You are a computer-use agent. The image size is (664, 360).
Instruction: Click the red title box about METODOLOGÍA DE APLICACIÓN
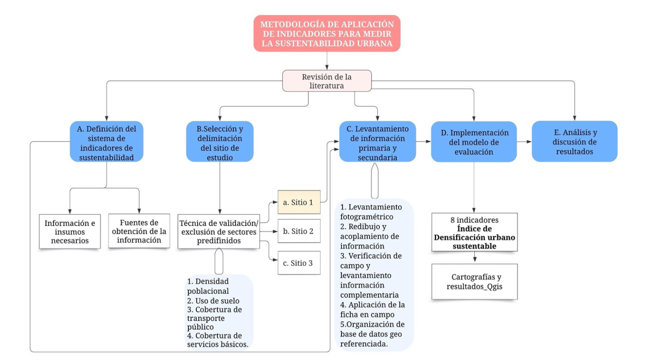tap(327, 34)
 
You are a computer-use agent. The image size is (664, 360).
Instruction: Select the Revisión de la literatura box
tap(327, 81)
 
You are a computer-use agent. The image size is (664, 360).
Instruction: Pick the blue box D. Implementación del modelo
tap(474, 142)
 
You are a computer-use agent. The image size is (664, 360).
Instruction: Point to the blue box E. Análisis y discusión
tap(574, 141)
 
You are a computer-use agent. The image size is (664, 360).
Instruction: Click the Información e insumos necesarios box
tap(70, 231)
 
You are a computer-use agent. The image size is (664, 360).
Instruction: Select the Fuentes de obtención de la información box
tap(139, 231)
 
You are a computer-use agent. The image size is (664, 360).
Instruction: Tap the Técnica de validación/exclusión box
tap(219, 231)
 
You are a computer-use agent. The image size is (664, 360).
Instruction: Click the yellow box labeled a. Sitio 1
tap(299, 202)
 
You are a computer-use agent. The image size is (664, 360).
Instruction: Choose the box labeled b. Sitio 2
tap(299, 231)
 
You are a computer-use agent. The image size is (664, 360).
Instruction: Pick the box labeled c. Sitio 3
tap(299, 263)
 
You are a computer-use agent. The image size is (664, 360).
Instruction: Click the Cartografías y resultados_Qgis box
tap(474, 282)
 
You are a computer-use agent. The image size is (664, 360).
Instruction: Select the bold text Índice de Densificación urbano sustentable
tap(474, 238)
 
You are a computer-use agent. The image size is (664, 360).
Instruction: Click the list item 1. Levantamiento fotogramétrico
tap(371, 212)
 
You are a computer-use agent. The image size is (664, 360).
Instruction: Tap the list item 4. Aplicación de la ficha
tap(372, 310)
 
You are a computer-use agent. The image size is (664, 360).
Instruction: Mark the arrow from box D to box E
tap(524, 141)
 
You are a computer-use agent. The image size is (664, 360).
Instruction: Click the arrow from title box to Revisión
tap(327, 61)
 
